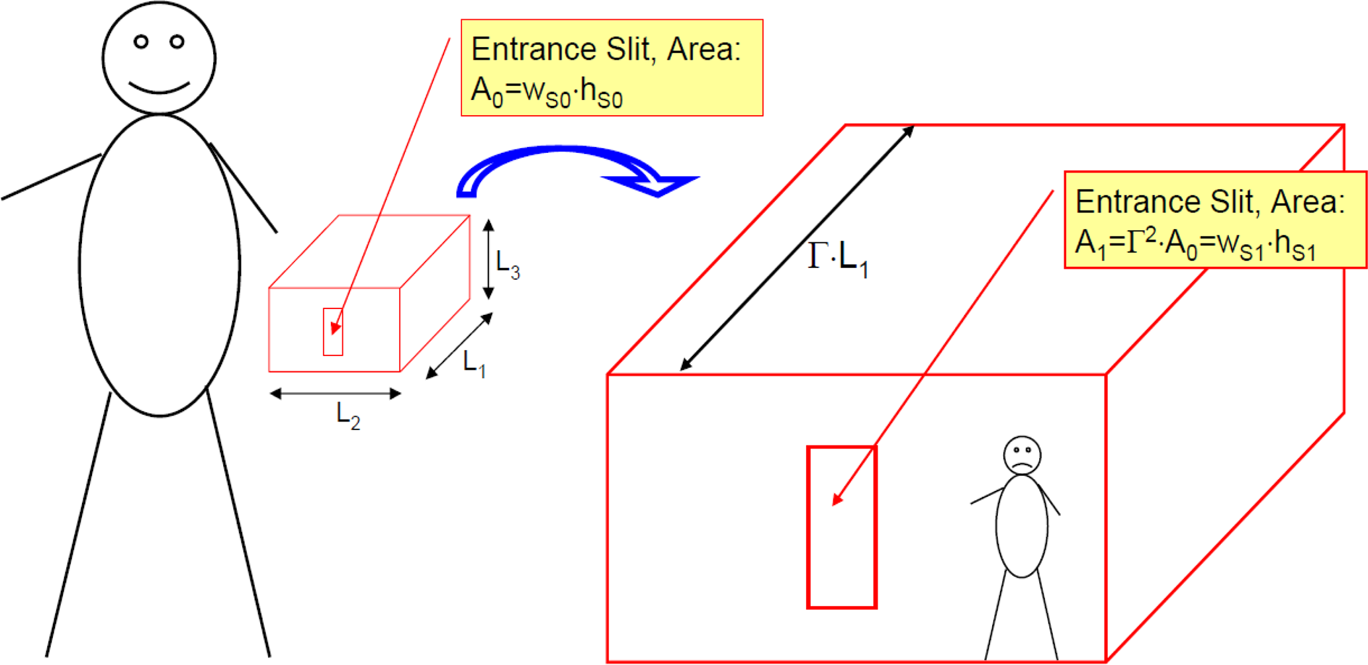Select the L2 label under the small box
click(x=348, y=416)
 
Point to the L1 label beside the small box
click(x=475, y=363)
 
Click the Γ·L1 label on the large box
click(x=838, y=259)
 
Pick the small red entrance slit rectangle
click(x=324, y=332)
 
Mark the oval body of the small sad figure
click(x=997, y=526)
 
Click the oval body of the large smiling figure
click(x=79, y=265)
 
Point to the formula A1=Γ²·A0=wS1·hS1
click(x=1195, y=244)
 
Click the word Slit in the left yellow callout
click(x=622, y=49)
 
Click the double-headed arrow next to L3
click(x=488, y=259)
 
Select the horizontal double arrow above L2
click(x=336, y=394)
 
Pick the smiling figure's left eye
click(x=141, y=42)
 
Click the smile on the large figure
click(x=159, y=90)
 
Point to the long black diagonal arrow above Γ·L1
click(x=797, y=247)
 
